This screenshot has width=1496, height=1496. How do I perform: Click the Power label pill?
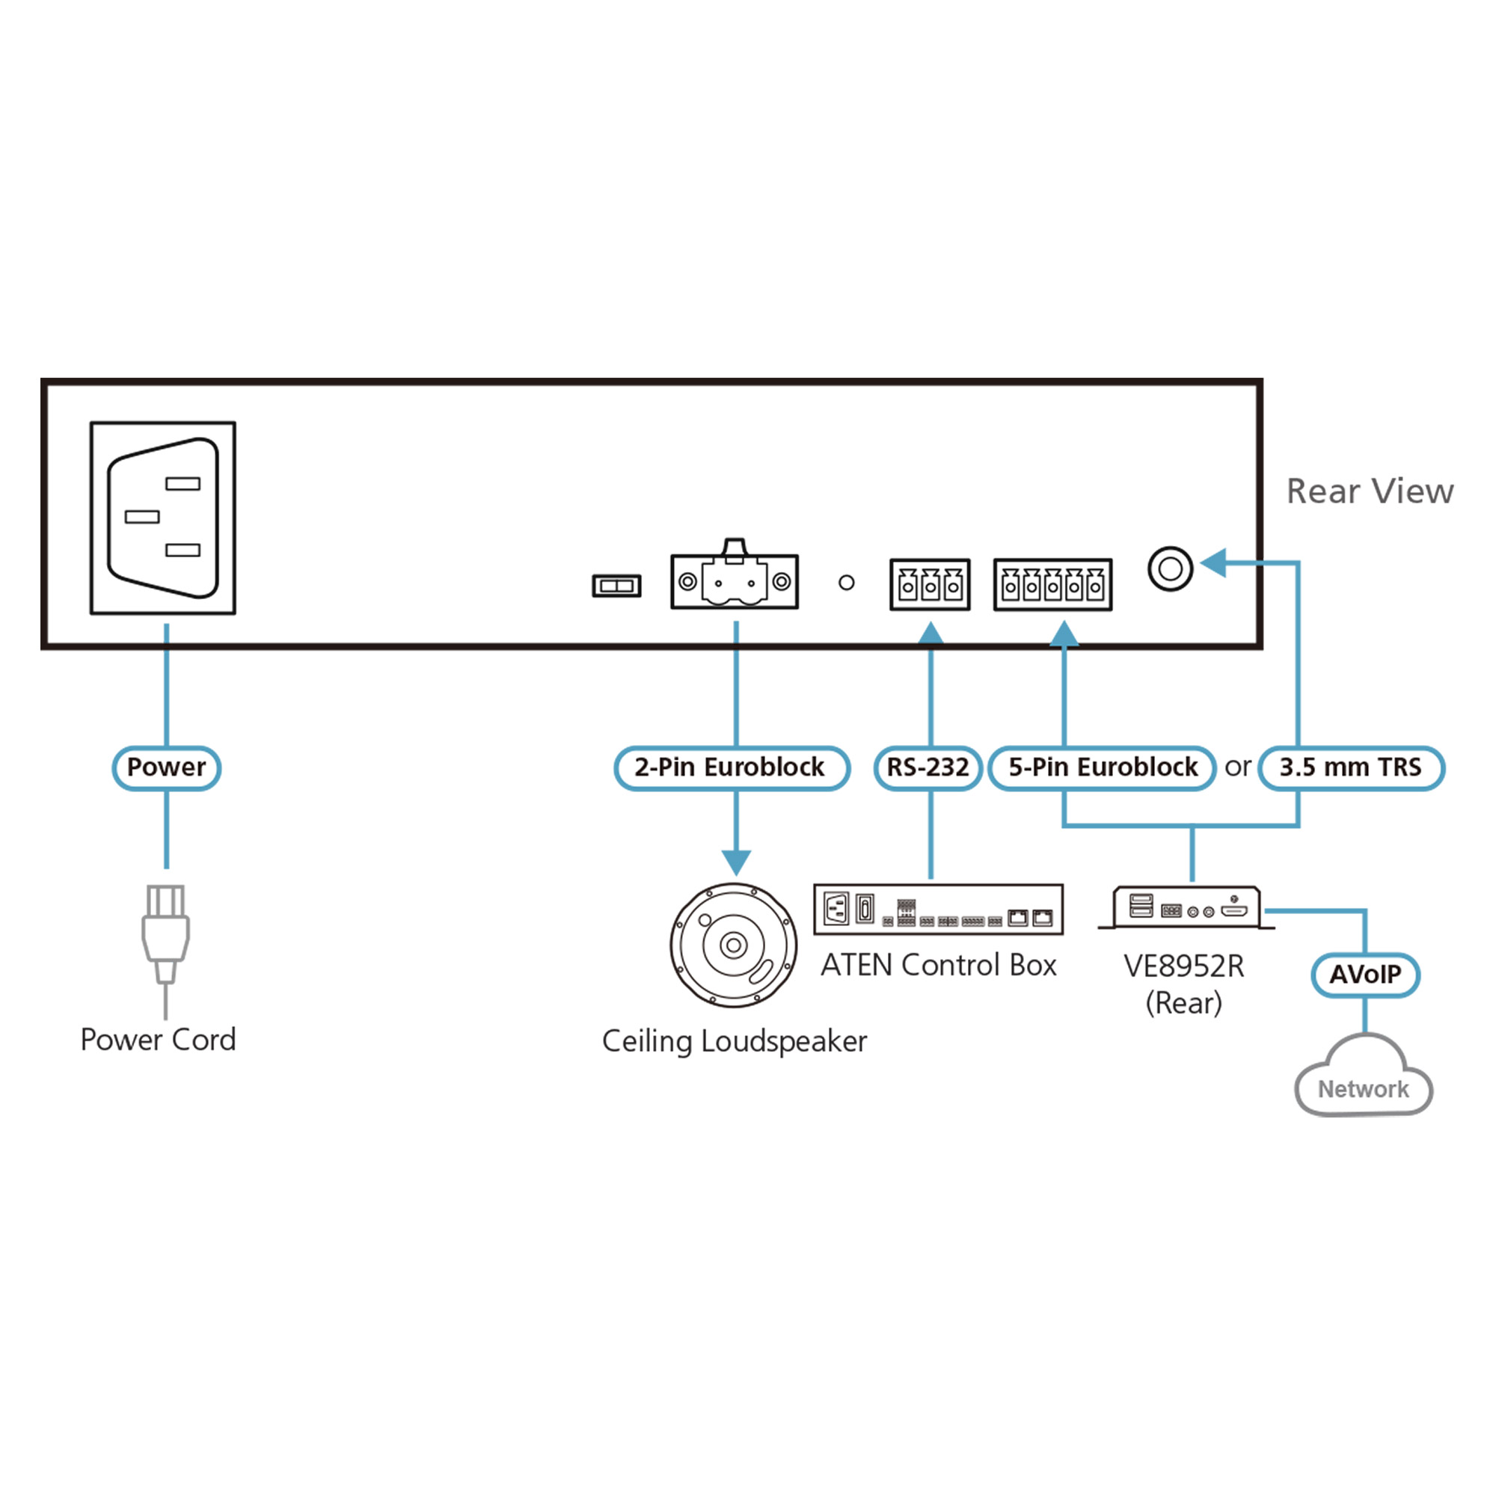167,767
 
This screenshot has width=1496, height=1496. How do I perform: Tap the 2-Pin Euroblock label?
731,767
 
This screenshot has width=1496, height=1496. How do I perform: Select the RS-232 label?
928,767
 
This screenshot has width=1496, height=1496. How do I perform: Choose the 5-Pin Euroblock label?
1102,767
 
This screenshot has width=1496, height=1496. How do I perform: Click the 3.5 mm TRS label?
1350,767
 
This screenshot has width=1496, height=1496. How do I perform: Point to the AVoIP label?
1365,974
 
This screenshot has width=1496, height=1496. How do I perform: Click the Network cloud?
1364,1084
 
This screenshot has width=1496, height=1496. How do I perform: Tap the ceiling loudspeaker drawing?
733,945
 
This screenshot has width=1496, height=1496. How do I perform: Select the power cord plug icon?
166,933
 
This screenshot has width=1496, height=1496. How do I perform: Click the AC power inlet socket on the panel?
162,518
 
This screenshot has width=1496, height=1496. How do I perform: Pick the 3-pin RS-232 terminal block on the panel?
930,585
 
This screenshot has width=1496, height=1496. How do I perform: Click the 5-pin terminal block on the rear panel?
1052,585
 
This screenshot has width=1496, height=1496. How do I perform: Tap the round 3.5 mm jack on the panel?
1170,568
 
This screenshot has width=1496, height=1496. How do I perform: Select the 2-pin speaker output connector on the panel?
734,579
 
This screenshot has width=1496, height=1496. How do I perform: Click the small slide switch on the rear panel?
616,586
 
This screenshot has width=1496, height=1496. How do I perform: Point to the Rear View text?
1370,491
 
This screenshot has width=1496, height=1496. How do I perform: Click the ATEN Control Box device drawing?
938,909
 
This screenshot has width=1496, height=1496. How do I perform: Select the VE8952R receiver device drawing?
1186,907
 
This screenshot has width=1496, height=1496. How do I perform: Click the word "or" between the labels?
1237,767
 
